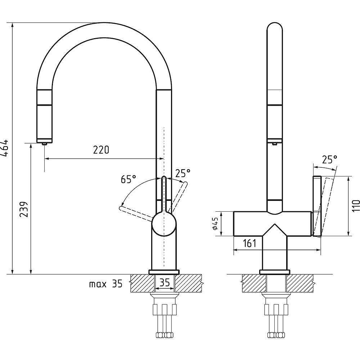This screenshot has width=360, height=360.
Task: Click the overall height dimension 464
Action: (x=4, y=148)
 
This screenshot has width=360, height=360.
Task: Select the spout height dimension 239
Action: (x=24, y=209)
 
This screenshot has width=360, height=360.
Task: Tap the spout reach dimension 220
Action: (x=101, y=150)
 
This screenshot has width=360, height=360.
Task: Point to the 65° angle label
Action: (x=129, y=179)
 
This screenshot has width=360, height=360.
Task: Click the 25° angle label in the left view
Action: (x=183, y=174)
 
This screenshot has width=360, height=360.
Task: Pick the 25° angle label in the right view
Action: (x=330, y=159)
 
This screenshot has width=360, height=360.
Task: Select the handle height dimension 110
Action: (x=356, y=206)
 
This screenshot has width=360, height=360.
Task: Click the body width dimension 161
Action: (x=249, y=243)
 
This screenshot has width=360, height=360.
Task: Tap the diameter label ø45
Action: (x=215, y=224)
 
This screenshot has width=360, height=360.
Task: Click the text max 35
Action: (x=106, y=284)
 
